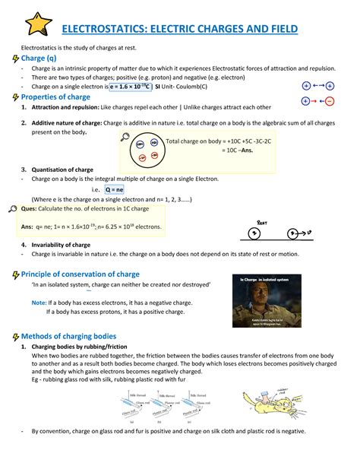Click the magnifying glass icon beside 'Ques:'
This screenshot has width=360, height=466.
pyautogui.click(x=11, y=208)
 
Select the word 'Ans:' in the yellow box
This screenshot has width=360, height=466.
pyautogui.click(x=27, y=226)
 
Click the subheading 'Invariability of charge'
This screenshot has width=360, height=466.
pyautogui.click(x=62, y=245)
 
